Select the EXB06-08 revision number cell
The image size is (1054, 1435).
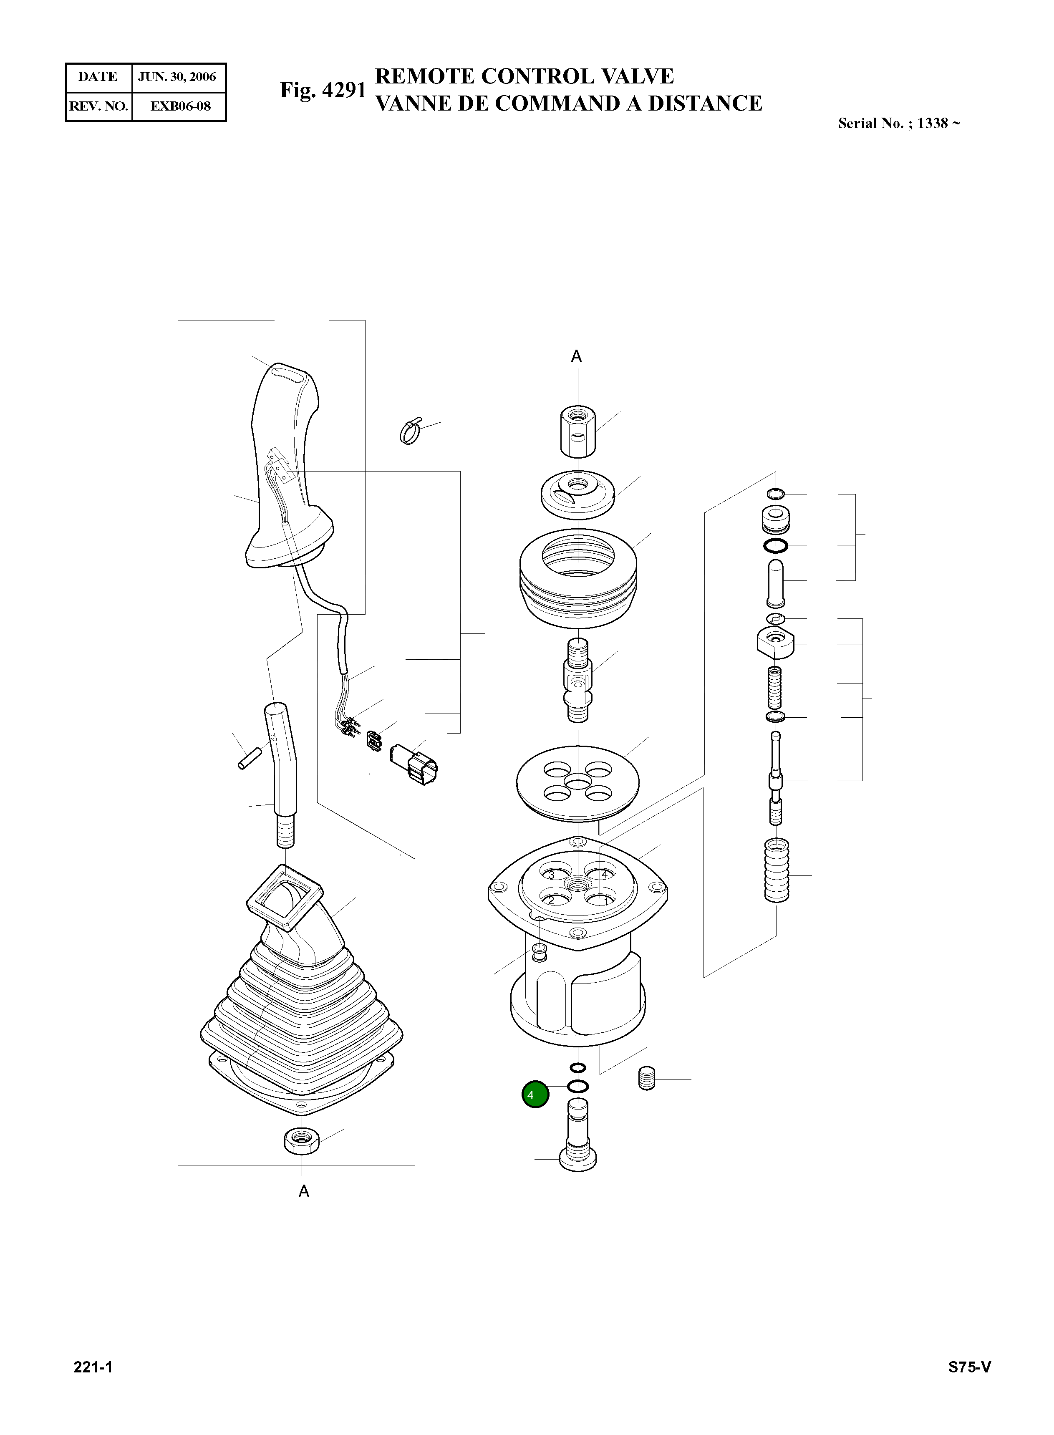[180, 106]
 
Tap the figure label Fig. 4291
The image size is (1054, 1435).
[323, 90]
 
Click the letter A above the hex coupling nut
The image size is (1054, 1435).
[576, 357]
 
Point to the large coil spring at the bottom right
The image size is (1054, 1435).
[777, 870]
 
